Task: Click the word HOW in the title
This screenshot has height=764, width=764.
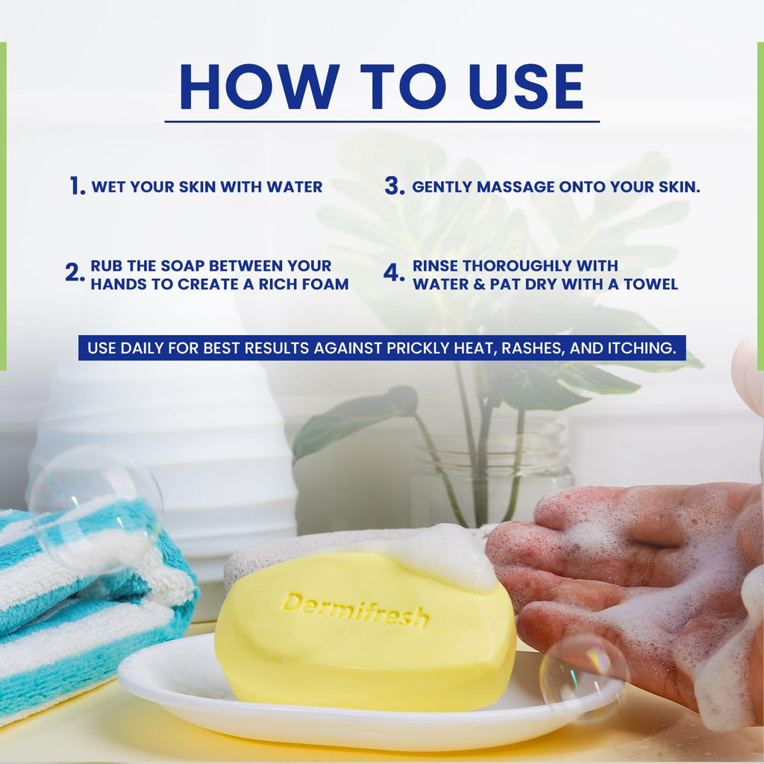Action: (x=259, y=87)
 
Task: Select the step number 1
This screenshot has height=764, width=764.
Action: (x=77, y=186)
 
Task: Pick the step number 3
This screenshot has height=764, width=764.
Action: (x=394, y=186)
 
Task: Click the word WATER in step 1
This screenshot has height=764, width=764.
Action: (x=294, y=187)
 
